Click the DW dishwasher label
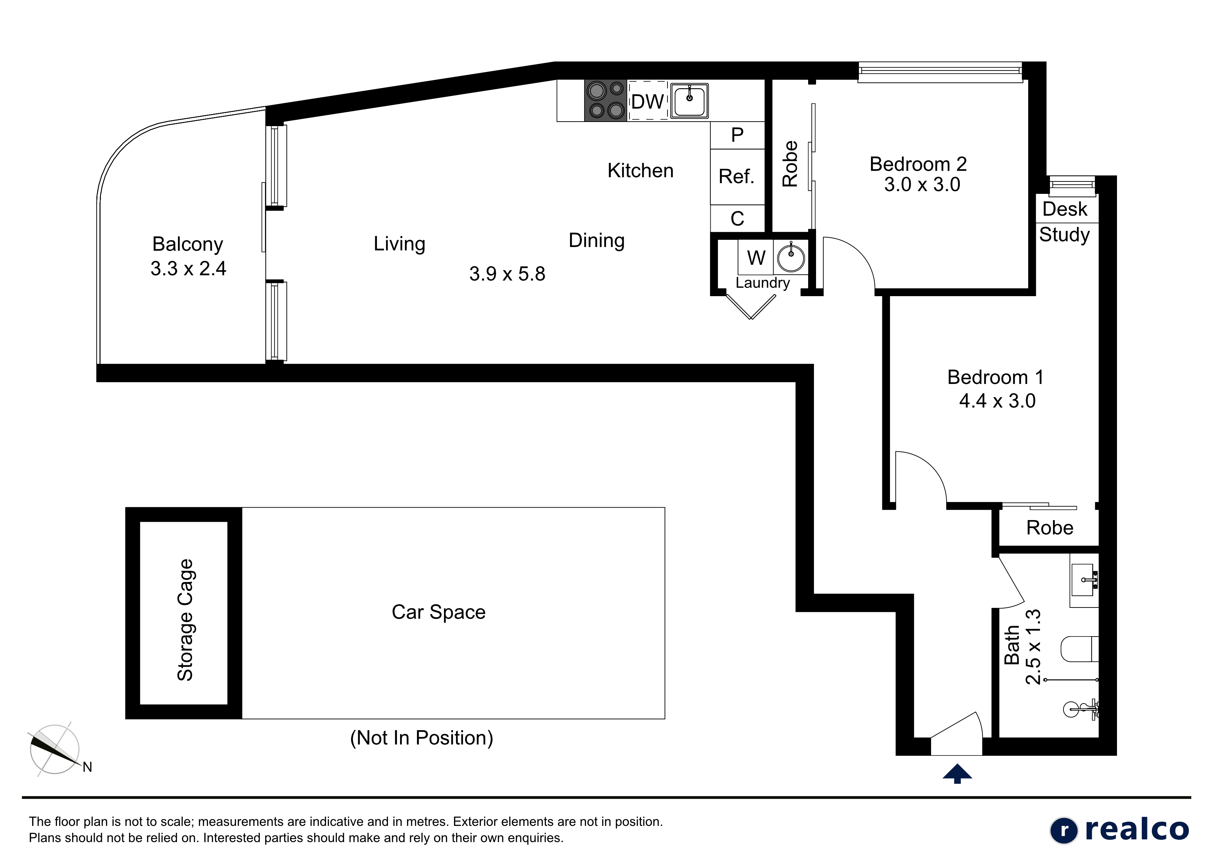647,101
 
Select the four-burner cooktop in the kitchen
605,100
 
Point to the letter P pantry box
737,135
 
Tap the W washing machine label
756,258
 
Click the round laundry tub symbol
791,258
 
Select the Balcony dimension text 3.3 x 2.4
188,269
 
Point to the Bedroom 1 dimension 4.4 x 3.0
997,401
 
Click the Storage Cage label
185,620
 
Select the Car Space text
439,612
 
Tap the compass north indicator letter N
88,767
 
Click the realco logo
1119,830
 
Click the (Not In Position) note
422,738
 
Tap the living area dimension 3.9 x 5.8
507,274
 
